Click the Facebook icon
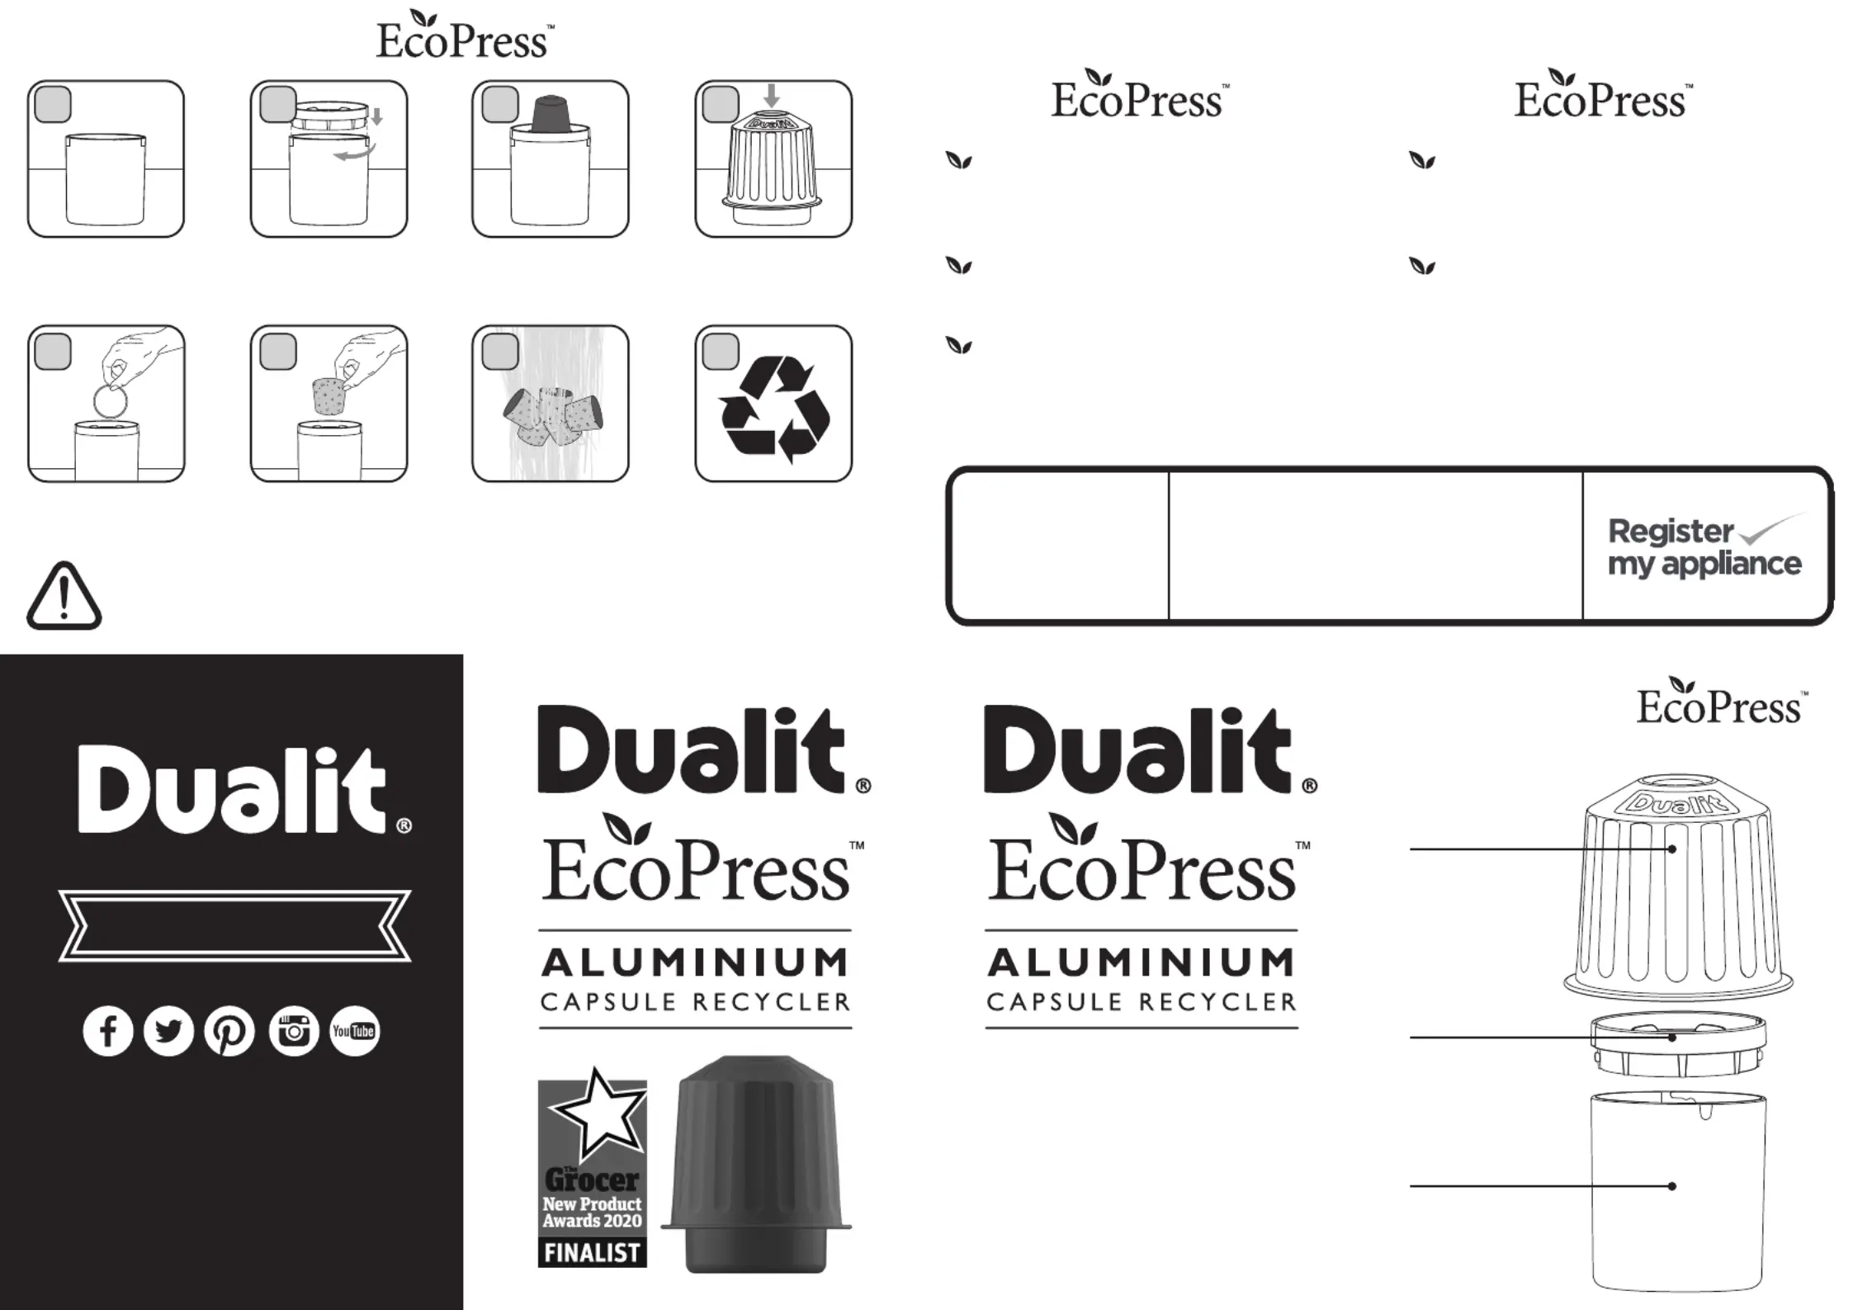[x=108, y=1031]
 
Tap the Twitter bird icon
[x=168, y=1031]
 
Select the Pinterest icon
[x=229, y=1031]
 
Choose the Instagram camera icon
[x=294, y=1031]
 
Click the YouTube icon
[x=354, y=1031]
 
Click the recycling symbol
[x=774, y=409]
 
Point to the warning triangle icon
[x=64, y=596]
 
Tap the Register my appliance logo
[x=1704, y=546]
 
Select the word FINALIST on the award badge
[x=592, y=1252]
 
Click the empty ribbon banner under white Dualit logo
[x=234, y=925]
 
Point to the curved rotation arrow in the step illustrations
[x=356, y=153]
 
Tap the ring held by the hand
[x=111, y=402]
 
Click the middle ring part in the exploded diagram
[x=1678, y=1043]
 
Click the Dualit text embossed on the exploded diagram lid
[x=1677, y=803]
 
